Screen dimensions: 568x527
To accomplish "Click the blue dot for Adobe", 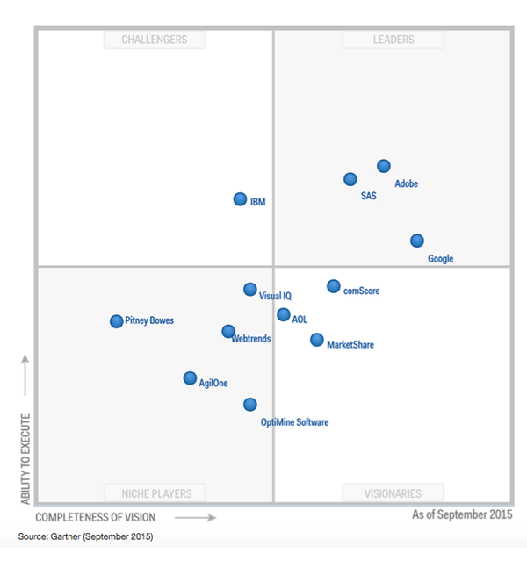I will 384,166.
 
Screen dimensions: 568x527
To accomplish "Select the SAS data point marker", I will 350,179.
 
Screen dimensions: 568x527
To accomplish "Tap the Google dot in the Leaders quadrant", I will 417,241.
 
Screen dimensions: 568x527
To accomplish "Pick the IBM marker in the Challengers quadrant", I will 240,199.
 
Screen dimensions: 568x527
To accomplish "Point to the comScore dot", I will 334,286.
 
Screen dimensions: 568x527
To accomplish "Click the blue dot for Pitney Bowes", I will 116,321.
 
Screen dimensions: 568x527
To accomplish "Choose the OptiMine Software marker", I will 250,405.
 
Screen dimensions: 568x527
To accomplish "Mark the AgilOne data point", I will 190,378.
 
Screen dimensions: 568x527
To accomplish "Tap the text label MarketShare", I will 350,345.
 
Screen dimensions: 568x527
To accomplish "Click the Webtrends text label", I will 251,339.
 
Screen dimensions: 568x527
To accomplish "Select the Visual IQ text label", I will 275,297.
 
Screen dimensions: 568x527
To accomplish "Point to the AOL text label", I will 300,320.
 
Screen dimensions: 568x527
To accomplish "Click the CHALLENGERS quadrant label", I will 154,40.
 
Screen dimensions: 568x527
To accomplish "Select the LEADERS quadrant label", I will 393,40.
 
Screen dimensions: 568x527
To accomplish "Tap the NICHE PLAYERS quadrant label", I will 155,493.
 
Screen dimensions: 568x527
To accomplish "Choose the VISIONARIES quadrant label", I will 393,493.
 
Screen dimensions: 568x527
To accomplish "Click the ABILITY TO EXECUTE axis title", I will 25,458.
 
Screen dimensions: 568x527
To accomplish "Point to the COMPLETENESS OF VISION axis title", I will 96,517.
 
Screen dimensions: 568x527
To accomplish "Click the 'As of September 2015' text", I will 462,514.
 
